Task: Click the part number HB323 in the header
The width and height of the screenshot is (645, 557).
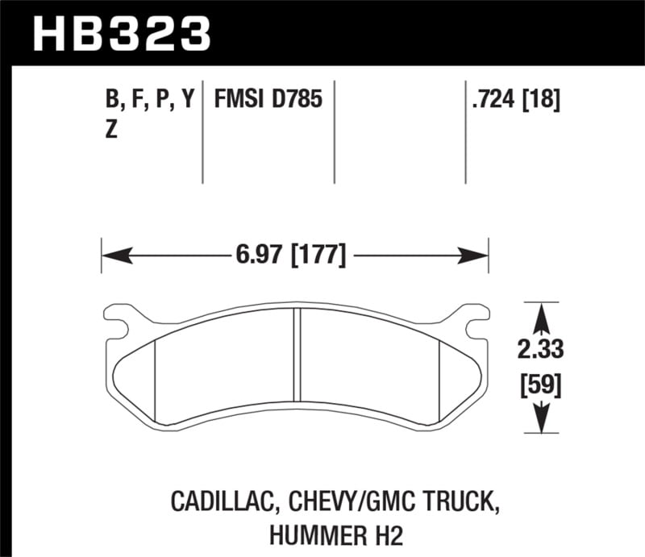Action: (121, 35)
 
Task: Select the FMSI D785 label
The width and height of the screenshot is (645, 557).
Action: (268, 101)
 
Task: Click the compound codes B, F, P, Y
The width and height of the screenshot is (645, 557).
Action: (149, 101)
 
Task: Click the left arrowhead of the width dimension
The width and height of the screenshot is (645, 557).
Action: (113, 257)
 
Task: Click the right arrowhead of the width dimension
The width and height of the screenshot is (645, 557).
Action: (476, 257)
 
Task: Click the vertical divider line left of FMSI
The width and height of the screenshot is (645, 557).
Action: (202, 133)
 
